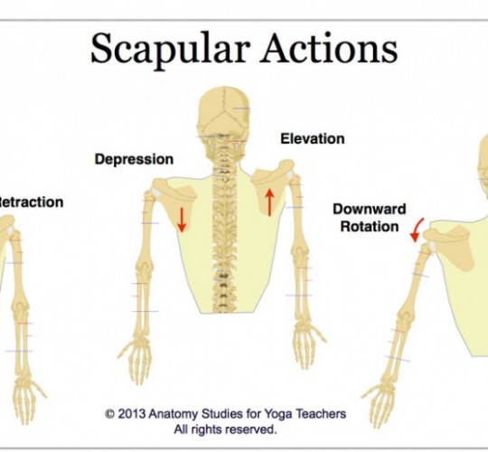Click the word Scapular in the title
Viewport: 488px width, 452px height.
[x=171, y=50]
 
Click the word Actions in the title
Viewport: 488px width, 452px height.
[x=329, y=48]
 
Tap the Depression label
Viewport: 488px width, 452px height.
[x=134, y=159]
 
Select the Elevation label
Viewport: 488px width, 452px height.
[x=313, y=139]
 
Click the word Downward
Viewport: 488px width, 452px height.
[x=370, y=209]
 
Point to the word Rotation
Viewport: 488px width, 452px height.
[x=370, y=226]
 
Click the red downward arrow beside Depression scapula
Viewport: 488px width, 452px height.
[x=182, y=220]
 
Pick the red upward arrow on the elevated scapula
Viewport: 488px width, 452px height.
[x=270, y=202]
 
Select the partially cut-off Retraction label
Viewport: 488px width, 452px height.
[x=31, y=202]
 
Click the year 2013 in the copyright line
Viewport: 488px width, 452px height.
[x=132, y=414]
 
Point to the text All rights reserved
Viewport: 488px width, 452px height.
[x=225, y=429]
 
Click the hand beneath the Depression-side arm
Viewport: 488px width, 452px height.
[x=136, y=361]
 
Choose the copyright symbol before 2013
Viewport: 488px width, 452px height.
[x=109, y=414]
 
